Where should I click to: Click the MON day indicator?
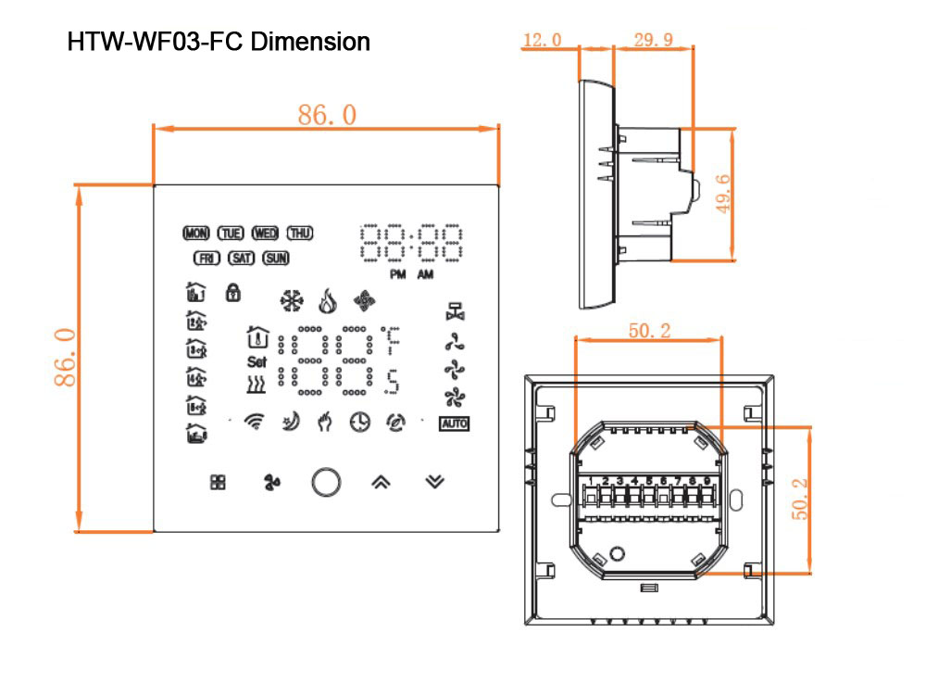[197, 233]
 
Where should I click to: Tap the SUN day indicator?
[276, 259]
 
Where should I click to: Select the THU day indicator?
[300, 233]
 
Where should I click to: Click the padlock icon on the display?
[232, 293]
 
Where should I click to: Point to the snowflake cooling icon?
[292, 300]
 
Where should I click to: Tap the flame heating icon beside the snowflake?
[325, 300]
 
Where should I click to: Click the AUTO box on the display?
[455, 423]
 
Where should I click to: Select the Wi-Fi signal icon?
[254, 423]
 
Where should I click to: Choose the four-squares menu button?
[218, 482]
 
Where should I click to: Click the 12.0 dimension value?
[543, 40]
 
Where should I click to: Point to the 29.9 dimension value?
[654, 40]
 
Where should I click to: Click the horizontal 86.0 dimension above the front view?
[326, 115]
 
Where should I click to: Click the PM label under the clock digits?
[397, 274]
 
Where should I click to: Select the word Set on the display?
[257, 361]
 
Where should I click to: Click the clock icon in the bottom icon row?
[359, 423]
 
